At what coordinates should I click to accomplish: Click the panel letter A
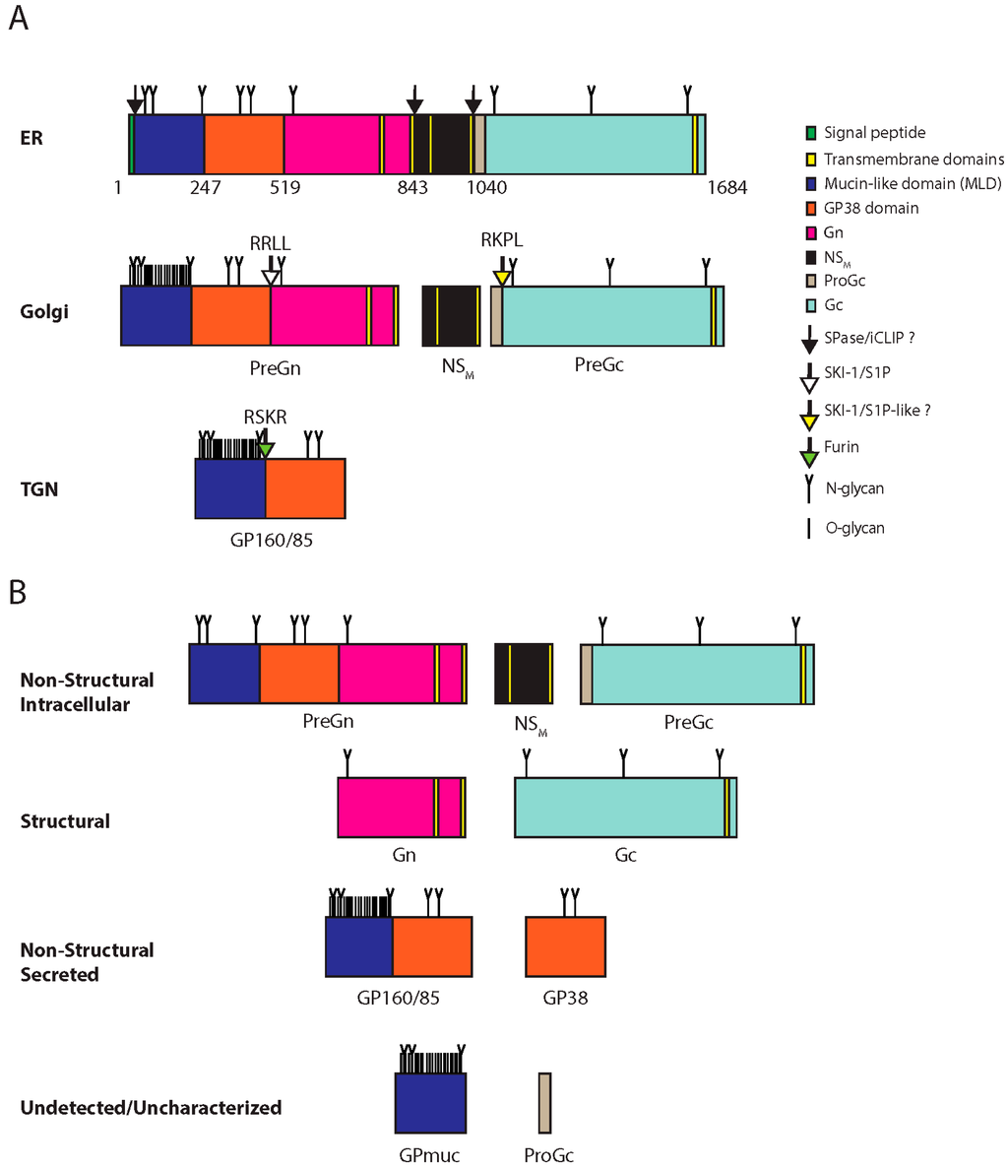pyautogui.click(x=19, y=19)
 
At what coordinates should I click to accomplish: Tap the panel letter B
pyautogui.click(x=18, y=592)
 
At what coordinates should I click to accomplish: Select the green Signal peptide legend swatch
pyautogui.click(x=810, y=133)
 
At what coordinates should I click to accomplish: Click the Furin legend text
pyautogui.click(x=841, y=447)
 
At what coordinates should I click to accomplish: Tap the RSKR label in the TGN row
pyautogui.click(x=266, y=418)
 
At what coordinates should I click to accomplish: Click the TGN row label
pyautogui.click(x=39, y=487)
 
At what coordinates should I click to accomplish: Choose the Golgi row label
pyautogui.click(x=43, y=314)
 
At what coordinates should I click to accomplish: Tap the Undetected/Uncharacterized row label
pyautogui.click(x=151, y=1108)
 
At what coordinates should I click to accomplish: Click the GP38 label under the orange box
pyautogui.click(x=565, y=997)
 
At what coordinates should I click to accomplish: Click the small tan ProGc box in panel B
pyautogui.click(x=544, y=1103)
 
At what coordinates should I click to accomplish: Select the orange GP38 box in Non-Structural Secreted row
pyautogui.click(x=565, y=945)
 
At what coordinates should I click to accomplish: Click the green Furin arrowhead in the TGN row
pyautogui.click(x=265, y=449)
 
